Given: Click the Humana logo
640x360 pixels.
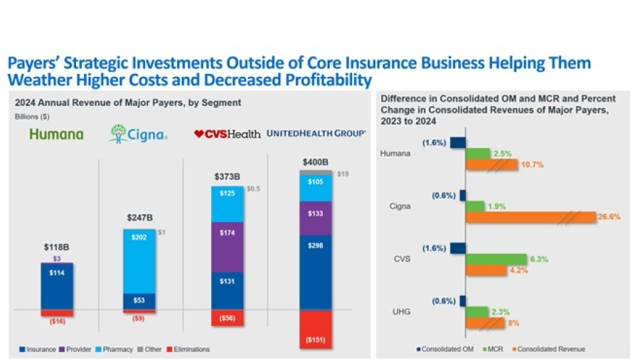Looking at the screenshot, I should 56,134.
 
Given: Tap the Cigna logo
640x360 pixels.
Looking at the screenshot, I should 138,134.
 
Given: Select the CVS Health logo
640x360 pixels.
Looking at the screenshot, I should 227,134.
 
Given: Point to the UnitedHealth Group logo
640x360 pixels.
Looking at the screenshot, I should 316,134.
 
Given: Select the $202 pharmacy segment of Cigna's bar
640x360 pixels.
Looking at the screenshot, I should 140,260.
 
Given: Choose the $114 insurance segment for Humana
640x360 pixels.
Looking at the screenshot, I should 57,285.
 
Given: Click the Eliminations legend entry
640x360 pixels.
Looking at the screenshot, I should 190,349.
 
